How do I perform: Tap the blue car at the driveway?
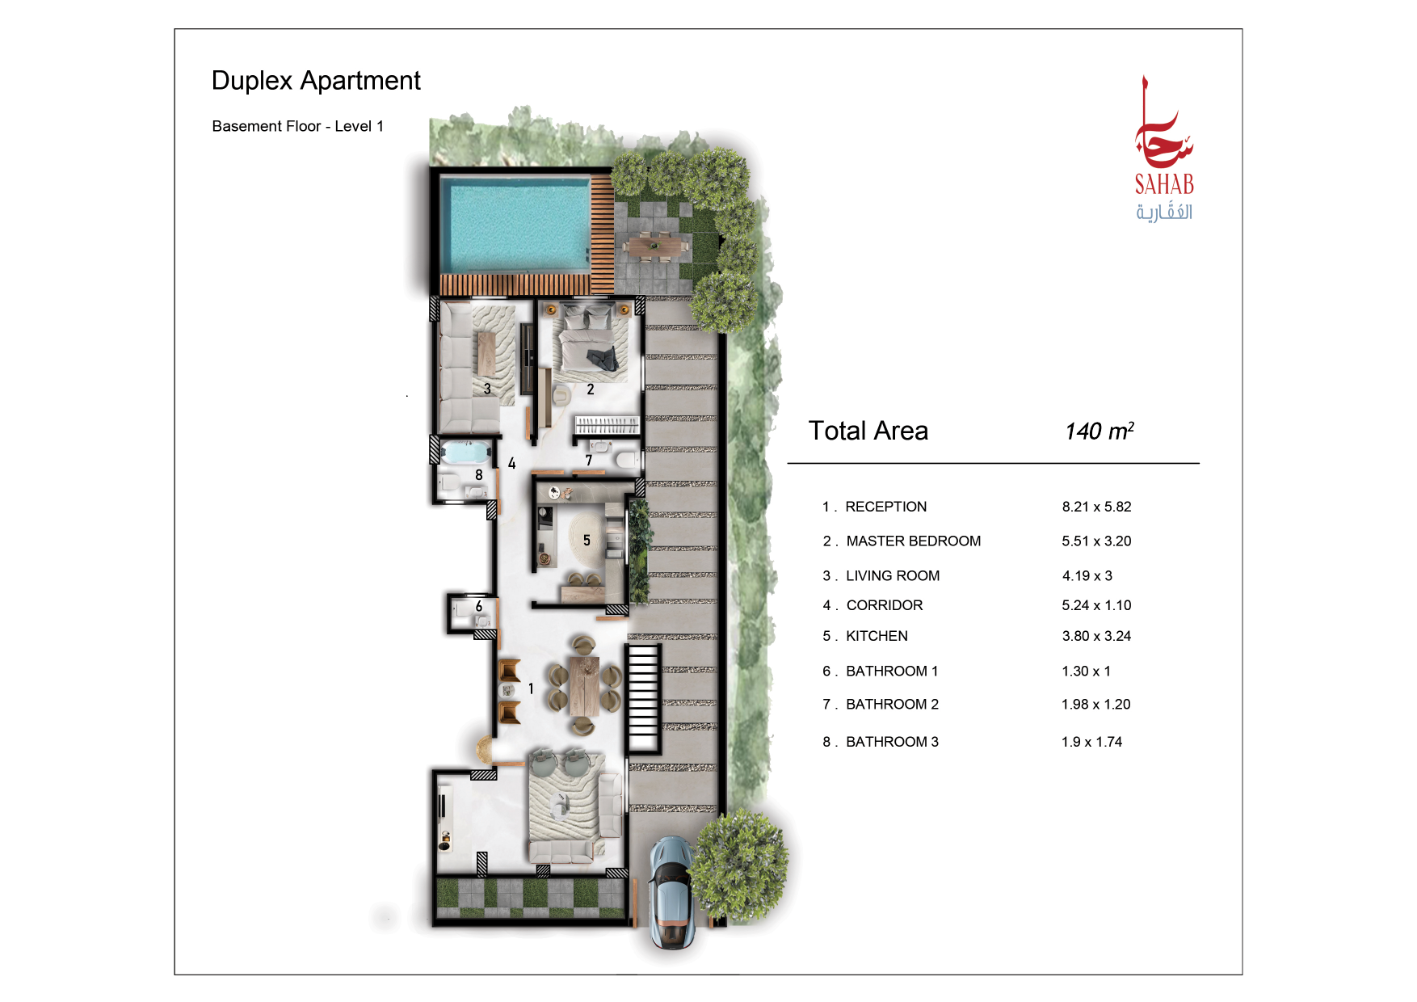tap(671, 892)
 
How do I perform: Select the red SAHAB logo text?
tap(1164, 185)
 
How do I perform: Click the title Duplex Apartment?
tap(316, 81)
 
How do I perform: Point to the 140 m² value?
tap(1100, 431)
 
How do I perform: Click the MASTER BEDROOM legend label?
tap(914, 541)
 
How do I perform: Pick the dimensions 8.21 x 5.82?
tap(1096, 507)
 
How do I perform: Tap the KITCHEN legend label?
tap(877, 636)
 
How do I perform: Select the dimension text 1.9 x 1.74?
tap(1091, 742)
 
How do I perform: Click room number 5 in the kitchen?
tap(587, 541)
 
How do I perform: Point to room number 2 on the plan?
tap(591, 389)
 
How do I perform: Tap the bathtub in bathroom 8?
tap(467, 452)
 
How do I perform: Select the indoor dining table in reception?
tap(583, 686)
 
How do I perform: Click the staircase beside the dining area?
tap(644, 699)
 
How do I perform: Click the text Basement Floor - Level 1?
tap(298, 126)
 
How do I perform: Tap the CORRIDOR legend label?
tap(885, 605)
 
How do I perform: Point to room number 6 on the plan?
tap(479, 606)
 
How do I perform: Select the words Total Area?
tap(868, 431)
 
